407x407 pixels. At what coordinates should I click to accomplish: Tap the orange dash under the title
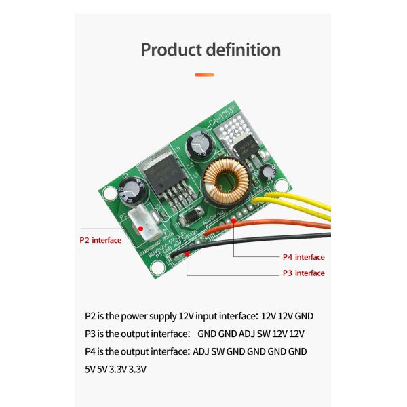204,75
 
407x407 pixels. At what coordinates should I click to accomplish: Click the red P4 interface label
303,257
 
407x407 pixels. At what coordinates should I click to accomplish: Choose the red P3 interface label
303,273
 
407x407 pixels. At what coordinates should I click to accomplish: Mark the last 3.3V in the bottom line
138,369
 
